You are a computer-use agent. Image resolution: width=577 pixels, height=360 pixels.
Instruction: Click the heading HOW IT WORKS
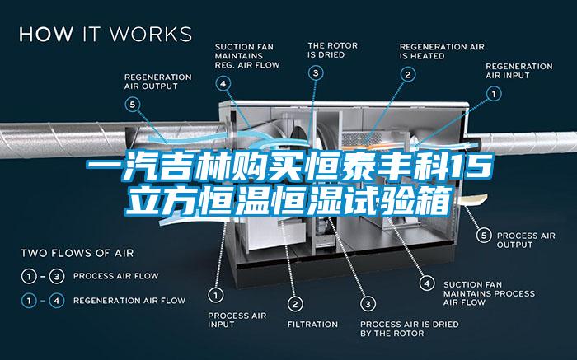106,34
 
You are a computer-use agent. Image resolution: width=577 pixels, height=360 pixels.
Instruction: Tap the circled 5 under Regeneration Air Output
133,105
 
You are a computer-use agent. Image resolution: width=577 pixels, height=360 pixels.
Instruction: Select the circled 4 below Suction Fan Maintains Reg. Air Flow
223,84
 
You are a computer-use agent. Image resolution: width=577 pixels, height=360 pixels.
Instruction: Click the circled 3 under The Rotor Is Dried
316,72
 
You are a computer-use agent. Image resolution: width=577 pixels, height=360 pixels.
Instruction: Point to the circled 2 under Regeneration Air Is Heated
408,75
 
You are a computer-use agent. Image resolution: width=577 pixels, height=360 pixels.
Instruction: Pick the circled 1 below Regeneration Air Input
494,94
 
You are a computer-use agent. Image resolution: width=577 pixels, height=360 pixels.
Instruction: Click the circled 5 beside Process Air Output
484,236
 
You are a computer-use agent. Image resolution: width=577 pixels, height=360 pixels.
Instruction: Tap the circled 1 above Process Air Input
216,295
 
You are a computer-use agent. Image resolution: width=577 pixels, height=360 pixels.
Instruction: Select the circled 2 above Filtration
295,304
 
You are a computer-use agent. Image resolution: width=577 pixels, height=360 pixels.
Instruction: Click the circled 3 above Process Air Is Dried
368,304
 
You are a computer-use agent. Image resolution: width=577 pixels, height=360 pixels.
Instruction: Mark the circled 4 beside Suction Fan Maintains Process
427,283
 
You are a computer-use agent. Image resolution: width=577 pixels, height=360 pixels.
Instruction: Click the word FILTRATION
312,325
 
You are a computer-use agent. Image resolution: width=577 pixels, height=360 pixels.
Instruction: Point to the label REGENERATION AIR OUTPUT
158,82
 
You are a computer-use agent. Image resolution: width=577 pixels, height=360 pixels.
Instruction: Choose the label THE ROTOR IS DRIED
333,50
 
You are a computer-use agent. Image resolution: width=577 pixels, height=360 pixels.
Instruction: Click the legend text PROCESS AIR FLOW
116,276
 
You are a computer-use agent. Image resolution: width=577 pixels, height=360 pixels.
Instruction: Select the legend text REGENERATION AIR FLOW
129,301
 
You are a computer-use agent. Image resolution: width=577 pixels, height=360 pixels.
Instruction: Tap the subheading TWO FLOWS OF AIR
77,254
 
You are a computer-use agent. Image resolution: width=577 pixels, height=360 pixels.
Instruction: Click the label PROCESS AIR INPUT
237,320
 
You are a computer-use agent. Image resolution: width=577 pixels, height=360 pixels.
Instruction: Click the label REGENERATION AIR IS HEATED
442,51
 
